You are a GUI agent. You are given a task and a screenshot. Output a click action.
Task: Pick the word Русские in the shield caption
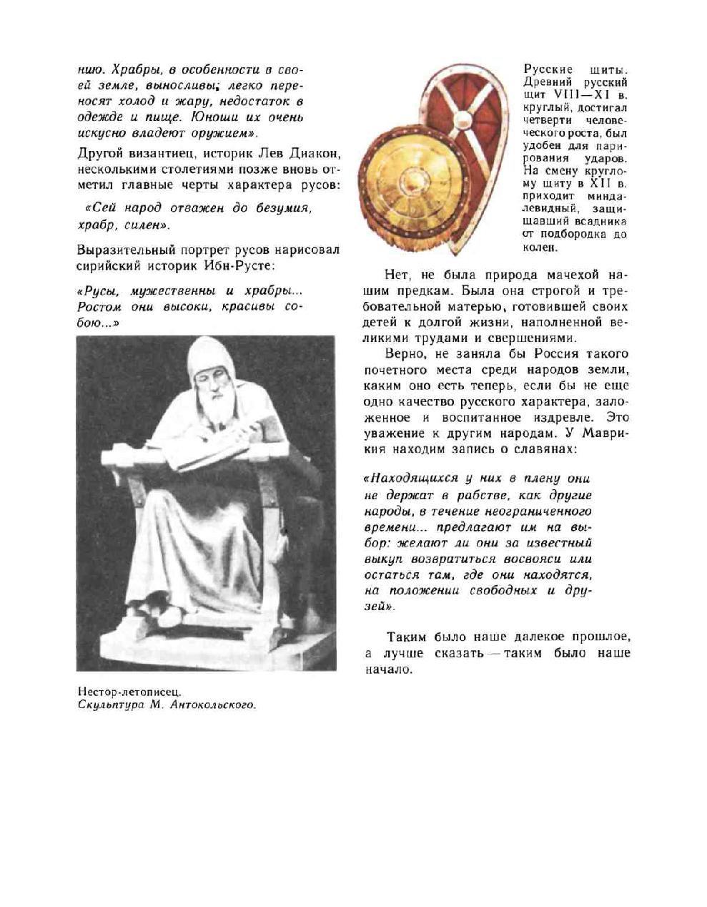pos(548,69)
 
